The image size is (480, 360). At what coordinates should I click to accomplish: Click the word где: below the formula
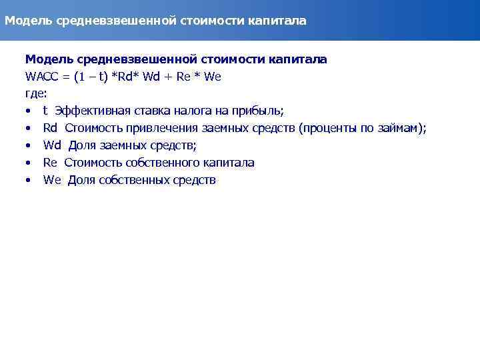point(36,93)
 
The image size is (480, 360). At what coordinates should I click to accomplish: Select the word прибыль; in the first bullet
point(261,111)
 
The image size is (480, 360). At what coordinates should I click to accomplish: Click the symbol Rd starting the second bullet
point(51,128)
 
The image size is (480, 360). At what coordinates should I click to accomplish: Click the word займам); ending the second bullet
point(402,128)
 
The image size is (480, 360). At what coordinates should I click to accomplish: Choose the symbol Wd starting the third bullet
point(52,145)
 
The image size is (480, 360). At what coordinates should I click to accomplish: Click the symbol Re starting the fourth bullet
point(50,163)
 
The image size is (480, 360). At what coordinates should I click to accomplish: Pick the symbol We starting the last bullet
point(51,180)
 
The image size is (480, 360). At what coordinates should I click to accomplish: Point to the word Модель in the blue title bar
point(25,21)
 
